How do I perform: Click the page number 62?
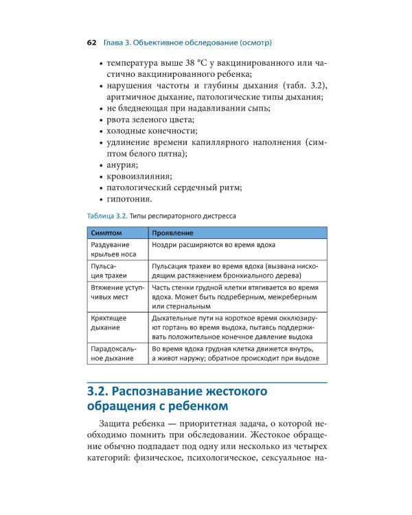pos(91,43)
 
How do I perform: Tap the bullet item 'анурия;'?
pos(123,165)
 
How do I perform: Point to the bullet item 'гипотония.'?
pos(130,199)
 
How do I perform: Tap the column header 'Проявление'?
pos(172,233)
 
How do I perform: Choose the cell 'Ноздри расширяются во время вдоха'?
pos(214,245)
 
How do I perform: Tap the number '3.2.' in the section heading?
pos(97,392)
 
